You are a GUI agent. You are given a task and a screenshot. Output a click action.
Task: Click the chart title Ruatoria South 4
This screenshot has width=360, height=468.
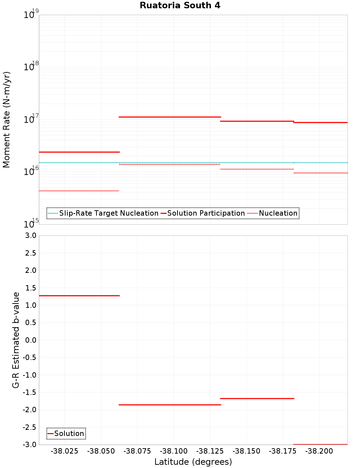tap(180, 5)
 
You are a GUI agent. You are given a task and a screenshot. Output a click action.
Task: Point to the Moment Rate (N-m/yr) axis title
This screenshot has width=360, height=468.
tap(6, 120)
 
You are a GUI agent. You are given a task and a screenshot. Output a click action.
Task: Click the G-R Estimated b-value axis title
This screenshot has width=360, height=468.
tap(16, 340)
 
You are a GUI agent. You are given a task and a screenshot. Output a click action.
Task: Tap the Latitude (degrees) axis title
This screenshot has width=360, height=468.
tap(193, 462)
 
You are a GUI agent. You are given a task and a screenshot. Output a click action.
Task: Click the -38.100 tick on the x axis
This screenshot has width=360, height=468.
tap(174, 451)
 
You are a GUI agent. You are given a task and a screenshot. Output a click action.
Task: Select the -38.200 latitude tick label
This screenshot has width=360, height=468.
tap(319, 451)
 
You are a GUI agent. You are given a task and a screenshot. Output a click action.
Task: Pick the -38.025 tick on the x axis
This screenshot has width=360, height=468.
tap(64, 451)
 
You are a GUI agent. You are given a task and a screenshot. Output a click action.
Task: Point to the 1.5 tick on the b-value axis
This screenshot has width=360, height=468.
tap(30, 288)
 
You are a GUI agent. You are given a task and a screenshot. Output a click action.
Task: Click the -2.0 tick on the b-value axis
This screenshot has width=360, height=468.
tap(29, 410)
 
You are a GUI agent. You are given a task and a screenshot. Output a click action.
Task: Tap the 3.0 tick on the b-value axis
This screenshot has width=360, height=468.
tap(30, 235)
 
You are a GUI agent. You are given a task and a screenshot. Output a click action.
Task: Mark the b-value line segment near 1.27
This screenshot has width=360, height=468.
tap(79, 296)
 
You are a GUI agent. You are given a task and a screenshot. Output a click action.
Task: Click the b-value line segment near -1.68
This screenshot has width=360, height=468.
tap(257, 399)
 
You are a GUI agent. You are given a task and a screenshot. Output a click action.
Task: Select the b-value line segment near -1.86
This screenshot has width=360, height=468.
tap(170, 405)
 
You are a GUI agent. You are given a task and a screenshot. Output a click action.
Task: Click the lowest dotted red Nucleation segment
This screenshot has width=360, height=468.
tap(79, 191)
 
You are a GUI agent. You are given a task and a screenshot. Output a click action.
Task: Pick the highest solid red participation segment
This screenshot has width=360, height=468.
tap(170, 117)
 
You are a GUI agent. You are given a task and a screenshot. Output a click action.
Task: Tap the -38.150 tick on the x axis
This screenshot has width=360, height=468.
tap(246, 451)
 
